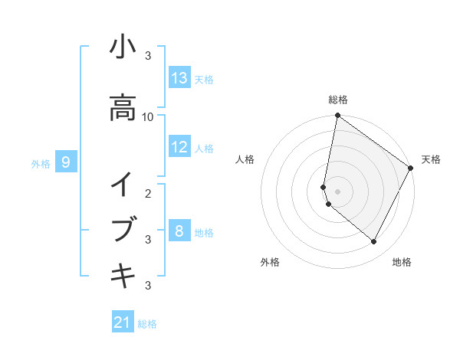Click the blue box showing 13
179,77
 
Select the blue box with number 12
179,147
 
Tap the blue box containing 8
179,231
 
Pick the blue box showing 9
67,162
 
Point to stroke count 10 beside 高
148,116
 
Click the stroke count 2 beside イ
148,192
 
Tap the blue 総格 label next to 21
147,324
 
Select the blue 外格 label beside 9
41,163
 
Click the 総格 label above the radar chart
338,100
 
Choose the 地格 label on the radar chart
402,262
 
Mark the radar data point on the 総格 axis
337,116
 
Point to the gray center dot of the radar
337,191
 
